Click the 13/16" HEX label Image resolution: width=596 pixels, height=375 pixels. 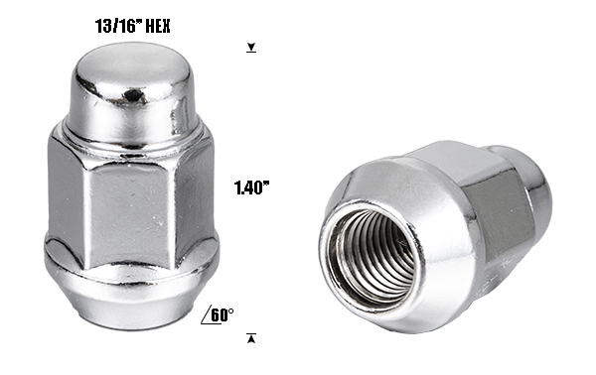coord(132,26)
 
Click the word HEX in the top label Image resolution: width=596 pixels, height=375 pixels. coord(158,26)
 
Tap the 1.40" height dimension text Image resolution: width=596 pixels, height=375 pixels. coord(251,187)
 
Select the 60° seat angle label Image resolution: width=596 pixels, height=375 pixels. coord(222,315)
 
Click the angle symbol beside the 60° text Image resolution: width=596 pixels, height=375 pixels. coord(206,316)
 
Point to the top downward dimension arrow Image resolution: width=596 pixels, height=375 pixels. coord(251,48)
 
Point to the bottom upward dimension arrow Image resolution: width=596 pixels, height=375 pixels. coord(251,338)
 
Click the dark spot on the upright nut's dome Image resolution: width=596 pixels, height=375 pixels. coord(133,95)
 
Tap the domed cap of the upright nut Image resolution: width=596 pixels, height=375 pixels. coord(131,91)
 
